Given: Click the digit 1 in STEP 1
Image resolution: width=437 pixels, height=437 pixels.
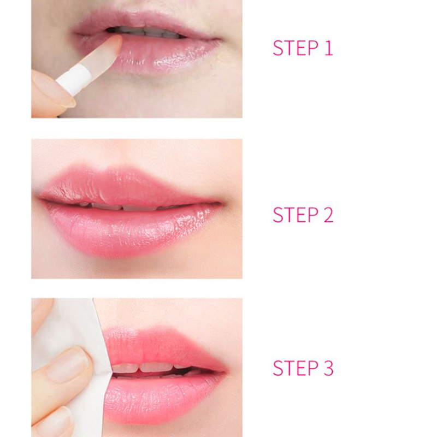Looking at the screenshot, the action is click(329, 48).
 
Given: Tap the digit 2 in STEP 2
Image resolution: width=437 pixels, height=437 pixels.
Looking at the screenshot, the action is click(328, 215).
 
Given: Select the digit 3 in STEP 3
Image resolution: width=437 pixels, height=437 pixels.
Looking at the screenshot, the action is click(328, 368).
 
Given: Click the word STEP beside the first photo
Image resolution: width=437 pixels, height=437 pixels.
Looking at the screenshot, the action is click(296, 48).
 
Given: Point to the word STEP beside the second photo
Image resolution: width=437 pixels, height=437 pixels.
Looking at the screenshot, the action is click(296, 215).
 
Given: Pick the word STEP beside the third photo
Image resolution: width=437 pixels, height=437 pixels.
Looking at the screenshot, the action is click(296, 368).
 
